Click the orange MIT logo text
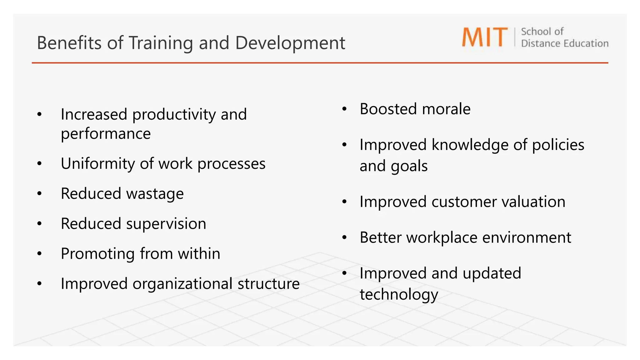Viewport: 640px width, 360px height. click(485, 37)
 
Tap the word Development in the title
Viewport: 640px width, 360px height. click(290, 43)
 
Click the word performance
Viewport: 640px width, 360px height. click(106, 134)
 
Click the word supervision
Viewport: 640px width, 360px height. click(166, 224)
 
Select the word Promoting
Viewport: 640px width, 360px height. click(98, 254)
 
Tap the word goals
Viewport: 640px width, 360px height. click(409, 166)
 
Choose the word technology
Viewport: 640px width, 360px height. click(399, 295)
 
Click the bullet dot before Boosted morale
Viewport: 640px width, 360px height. click(344, 109)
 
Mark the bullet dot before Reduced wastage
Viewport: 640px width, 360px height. click(39, 194)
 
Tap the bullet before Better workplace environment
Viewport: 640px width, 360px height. click(344, 238)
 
